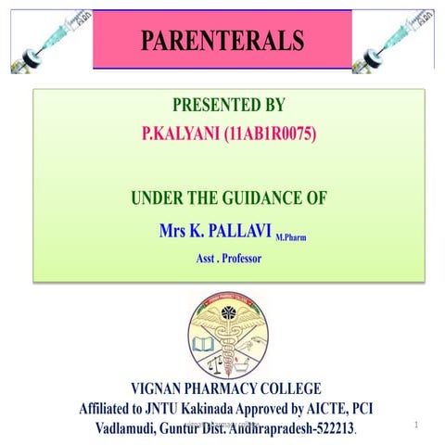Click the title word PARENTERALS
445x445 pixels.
222,41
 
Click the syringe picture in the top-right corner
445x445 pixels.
398,37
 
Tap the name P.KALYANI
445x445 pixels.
182,134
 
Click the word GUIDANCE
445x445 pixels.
246,198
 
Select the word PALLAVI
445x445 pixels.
232,229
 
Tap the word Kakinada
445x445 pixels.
223,410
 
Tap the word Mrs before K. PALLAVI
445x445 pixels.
176,229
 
